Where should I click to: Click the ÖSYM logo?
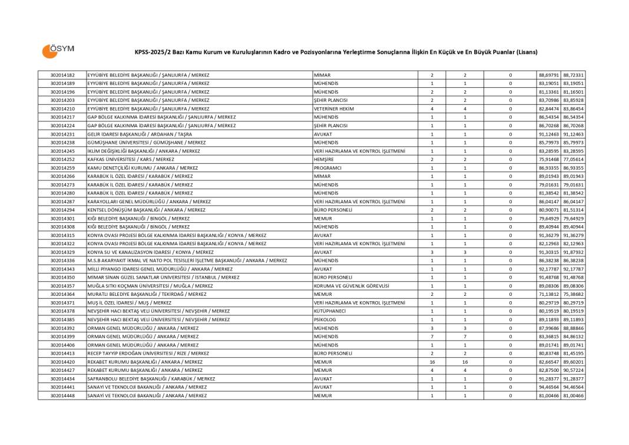(x=57, y=51)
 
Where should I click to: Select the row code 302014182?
(x=62, y=75)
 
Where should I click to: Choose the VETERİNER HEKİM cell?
(x=334, y=109)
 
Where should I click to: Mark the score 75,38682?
(x=573, y=294)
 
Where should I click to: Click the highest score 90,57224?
(x=573, y=370)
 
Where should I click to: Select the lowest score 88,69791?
(x=548, y=75)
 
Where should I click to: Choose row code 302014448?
(x=62, y=395)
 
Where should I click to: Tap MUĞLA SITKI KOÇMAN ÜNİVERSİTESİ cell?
(x=150, y=286)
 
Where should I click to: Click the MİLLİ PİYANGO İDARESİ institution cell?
(x=160, y=269)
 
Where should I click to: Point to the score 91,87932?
(x=573, y=252)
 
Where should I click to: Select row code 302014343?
(x=62, y=269)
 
